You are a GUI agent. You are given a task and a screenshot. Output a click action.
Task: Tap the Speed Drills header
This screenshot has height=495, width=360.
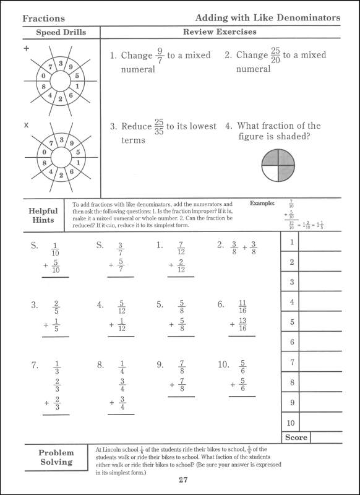coord(61,32)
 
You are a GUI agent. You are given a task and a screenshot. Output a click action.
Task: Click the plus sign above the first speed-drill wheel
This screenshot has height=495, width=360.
coord(26,48)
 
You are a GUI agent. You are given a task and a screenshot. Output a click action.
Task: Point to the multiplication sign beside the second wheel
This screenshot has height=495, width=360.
coord(26,126)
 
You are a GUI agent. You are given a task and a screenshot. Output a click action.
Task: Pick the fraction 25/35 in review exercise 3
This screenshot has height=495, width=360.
coord(160,127)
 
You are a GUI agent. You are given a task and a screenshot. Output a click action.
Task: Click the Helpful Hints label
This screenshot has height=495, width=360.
coord(43,215)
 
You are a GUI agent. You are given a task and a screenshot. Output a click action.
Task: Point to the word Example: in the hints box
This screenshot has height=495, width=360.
coord(264,203)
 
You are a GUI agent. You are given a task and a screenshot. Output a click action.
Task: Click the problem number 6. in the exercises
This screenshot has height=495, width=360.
coord(221,304)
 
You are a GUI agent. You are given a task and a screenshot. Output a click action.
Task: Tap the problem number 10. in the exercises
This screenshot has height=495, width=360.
coord(223,365)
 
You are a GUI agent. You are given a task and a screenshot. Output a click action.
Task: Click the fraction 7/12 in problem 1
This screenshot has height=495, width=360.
coord(181,246)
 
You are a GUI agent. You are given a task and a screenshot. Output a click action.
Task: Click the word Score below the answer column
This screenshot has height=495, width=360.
coord(296,437)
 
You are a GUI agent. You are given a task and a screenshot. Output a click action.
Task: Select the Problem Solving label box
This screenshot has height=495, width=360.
coord(56,457)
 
